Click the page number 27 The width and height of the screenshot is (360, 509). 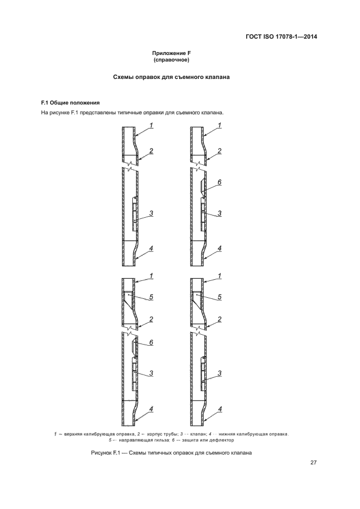[x=314, y=463]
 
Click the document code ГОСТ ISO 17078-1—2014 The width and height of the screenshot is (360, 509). [x=281, y=37]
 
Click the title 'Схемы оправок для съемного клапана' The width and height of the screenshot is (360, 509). [x=171, y=78]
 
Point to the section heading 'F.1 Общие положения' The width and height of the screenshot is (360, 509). [x=70, y=102]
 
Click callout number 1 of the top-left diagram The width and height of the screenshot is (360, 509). [x=151, y=126]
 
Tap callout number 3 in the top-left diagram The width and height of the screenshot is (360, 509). [x=151, y=213]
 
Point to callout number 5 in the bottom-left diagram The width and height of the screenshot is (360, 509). [x=151, y=297]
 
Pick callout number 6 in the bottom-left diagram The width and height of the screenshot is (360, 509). [x=151, y=342]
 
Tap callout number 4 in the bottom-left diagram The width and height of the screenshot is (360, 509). [x=151, y=408]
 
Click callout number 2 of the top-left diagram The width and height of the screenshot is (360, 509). [x=151, y=151]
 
